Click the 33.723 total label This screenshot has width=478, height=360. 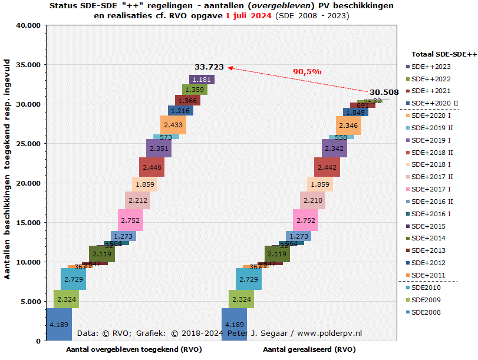tap(209, 67)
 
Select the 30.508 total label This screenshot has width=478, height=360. tap(384, 92)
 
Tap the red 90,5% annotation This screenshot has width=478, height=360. tap(307, 72)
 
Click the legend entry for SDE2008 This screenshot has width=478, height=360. tap(426, 312)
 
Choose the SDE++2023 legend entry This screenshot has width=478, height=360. tap(430, 67)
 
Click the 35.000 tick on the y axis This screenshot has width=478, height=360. tap(27, 65)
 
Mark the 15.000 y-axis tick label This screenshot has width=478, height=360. tap(27, 223)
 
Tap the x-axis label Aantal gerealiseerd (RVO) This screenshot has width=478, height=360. tap(309, 349)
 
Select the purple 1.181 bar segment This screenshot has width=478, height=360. tap(202, 80)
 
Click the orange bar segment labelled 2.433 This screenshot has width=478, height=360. tap(173, 125)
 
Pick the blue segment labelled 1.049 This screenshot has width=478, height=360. tap(355, 112)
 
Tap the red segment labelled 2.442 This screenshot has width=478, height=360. tap(327, 167)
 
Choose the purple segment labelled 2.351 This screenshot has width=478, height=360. tap(159, 148)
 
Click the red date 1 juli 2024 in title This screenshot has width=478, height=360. tap(249, 16)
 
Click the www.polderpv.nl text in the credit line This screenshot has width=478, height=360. tap(329, 333)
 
